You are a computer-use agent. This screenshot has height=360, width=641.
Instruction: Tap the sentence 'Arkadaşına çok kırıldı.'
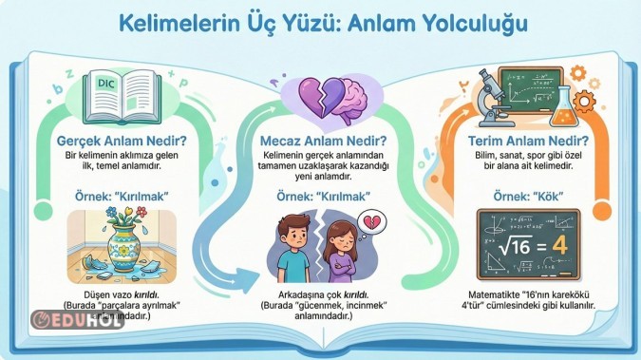point(314,294)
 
